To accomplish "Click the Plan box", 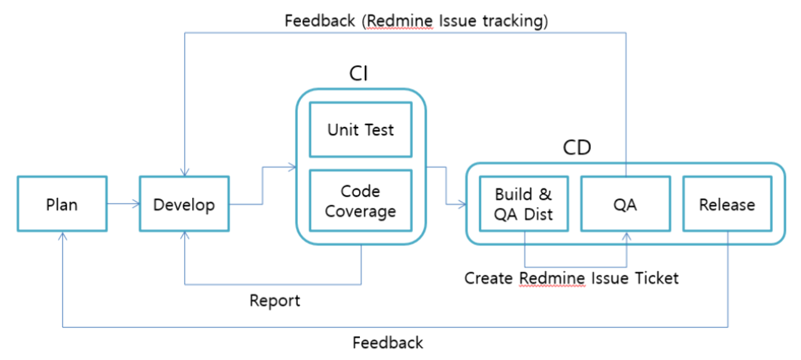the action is (x=62, y=204).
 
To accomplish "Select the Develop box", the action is (x=184, y=204).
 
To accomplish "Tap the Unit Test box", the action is (x=361, y=130).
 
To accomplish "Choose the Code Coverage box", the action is (x=361, y=201).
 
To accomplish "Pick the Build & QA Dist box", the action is (x=524, y=204).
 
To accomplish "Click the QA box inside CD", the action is (x=625, y=204).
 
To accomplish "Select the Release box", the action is (x=727, y=204).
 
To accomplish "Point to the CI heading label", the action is (x=359, y=73).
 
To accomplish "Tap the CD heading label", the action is (x=577, y=147).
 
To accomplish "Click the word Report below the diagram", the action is (x=275, y=301).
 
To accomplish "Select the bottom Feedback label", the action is (x=387, y=342).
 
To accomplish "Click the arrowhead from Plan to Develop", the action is (x=136, y=204).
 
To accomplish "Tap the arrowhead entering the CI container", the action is (x=292, y=167).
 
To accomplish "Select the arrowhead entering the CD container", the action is (x=462, y=204).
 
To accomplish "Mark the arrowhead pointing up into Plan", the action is (x=63, y=236).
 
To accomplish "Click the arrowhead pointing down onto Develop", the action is (x=185, y=172).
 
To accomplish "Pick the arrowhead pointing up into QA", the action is (x=626, y=236).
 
